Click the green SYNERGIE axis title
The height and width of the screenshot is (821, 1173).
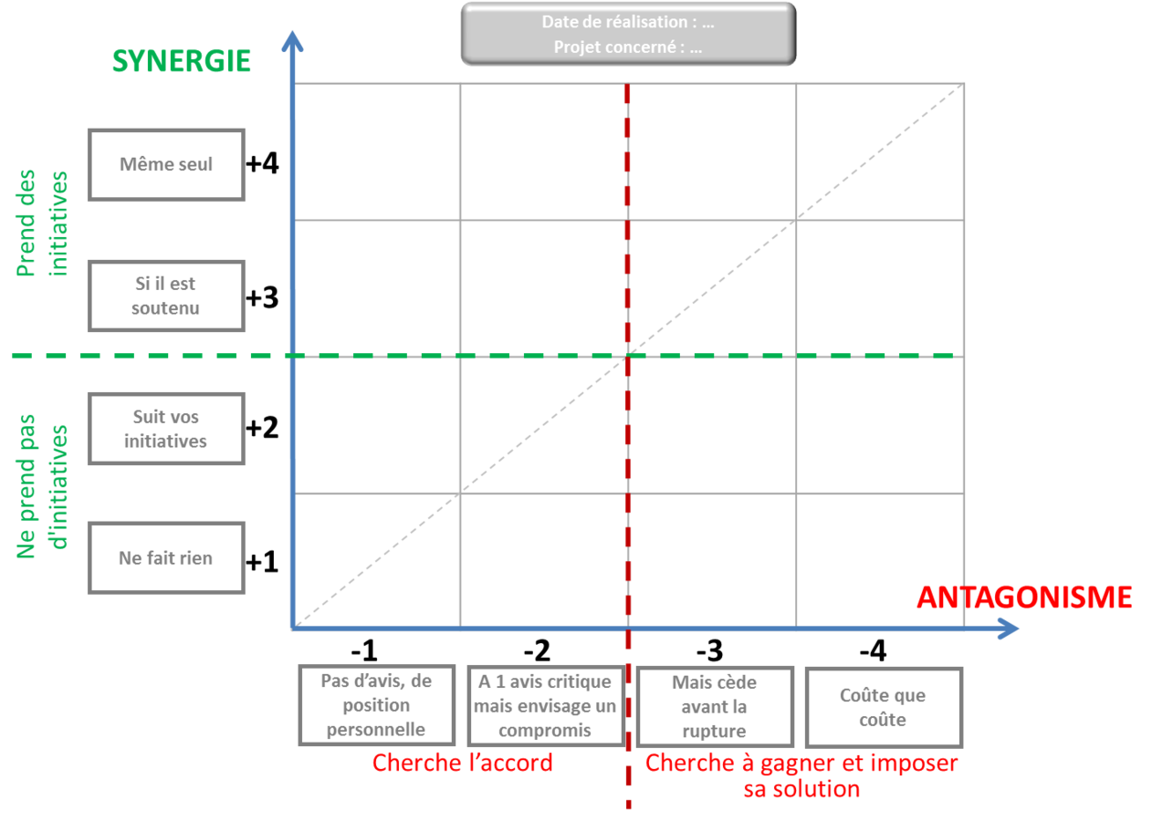pyautogui.click(x=181, y=60)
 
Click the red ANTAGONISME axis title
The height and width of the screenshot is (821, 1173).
pyautogui.click(x=1023, y=597)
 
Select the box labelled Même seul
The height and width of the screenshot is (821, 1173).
pyautogui.click(x=166, y=164)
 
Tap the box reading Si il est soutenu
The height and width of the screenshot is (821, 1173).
pyautogui.click(x=166, y=296)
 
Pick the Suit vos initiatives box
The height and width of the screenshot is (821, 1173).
pyautogui.click(x=166, y=429)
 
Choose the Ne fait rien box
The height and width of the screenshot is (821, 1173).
pyautogui.click(x=166, y=557)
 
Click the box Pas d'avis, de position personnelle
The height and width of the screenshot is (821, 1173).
pyautogui.click(x=376, y=705)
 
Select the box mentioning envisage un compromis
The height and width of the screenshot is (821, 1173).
pyautogui.click(x=545, y=705)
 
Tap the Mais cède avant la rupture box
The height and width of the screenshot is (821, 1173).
pyautogui.click(x=714, y=706)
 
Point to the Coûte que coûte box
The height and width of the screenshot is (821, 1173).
pyautogui.click(x=883, y=707)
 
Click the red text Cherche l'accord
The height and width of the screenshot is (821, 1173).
pyautogui.click(x=463, y=763)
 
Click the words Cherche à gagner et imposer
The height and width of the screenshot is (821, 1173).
pyautogui.click(x=801, y=763)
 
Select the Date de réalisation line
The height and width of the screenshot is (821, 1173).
pyautogui.click(x=628, y=22)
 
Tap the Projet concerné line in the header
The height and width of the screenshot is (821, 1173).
pyautogui.click(x=628, y=47)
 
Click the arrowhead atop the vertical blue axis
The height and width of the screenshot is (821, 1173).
pyautogui.click(x=293, y=40)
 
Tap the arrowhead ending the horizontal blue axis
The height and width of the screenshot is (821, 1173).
pyautogui.click(x=1009, y=629)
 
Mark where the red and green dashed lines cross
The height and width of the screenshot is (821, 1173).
pyautogui.click(x=628, y=356)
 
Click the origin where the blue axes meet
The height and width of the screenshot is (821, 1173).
pyautogui.click(x=294, y=628)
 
